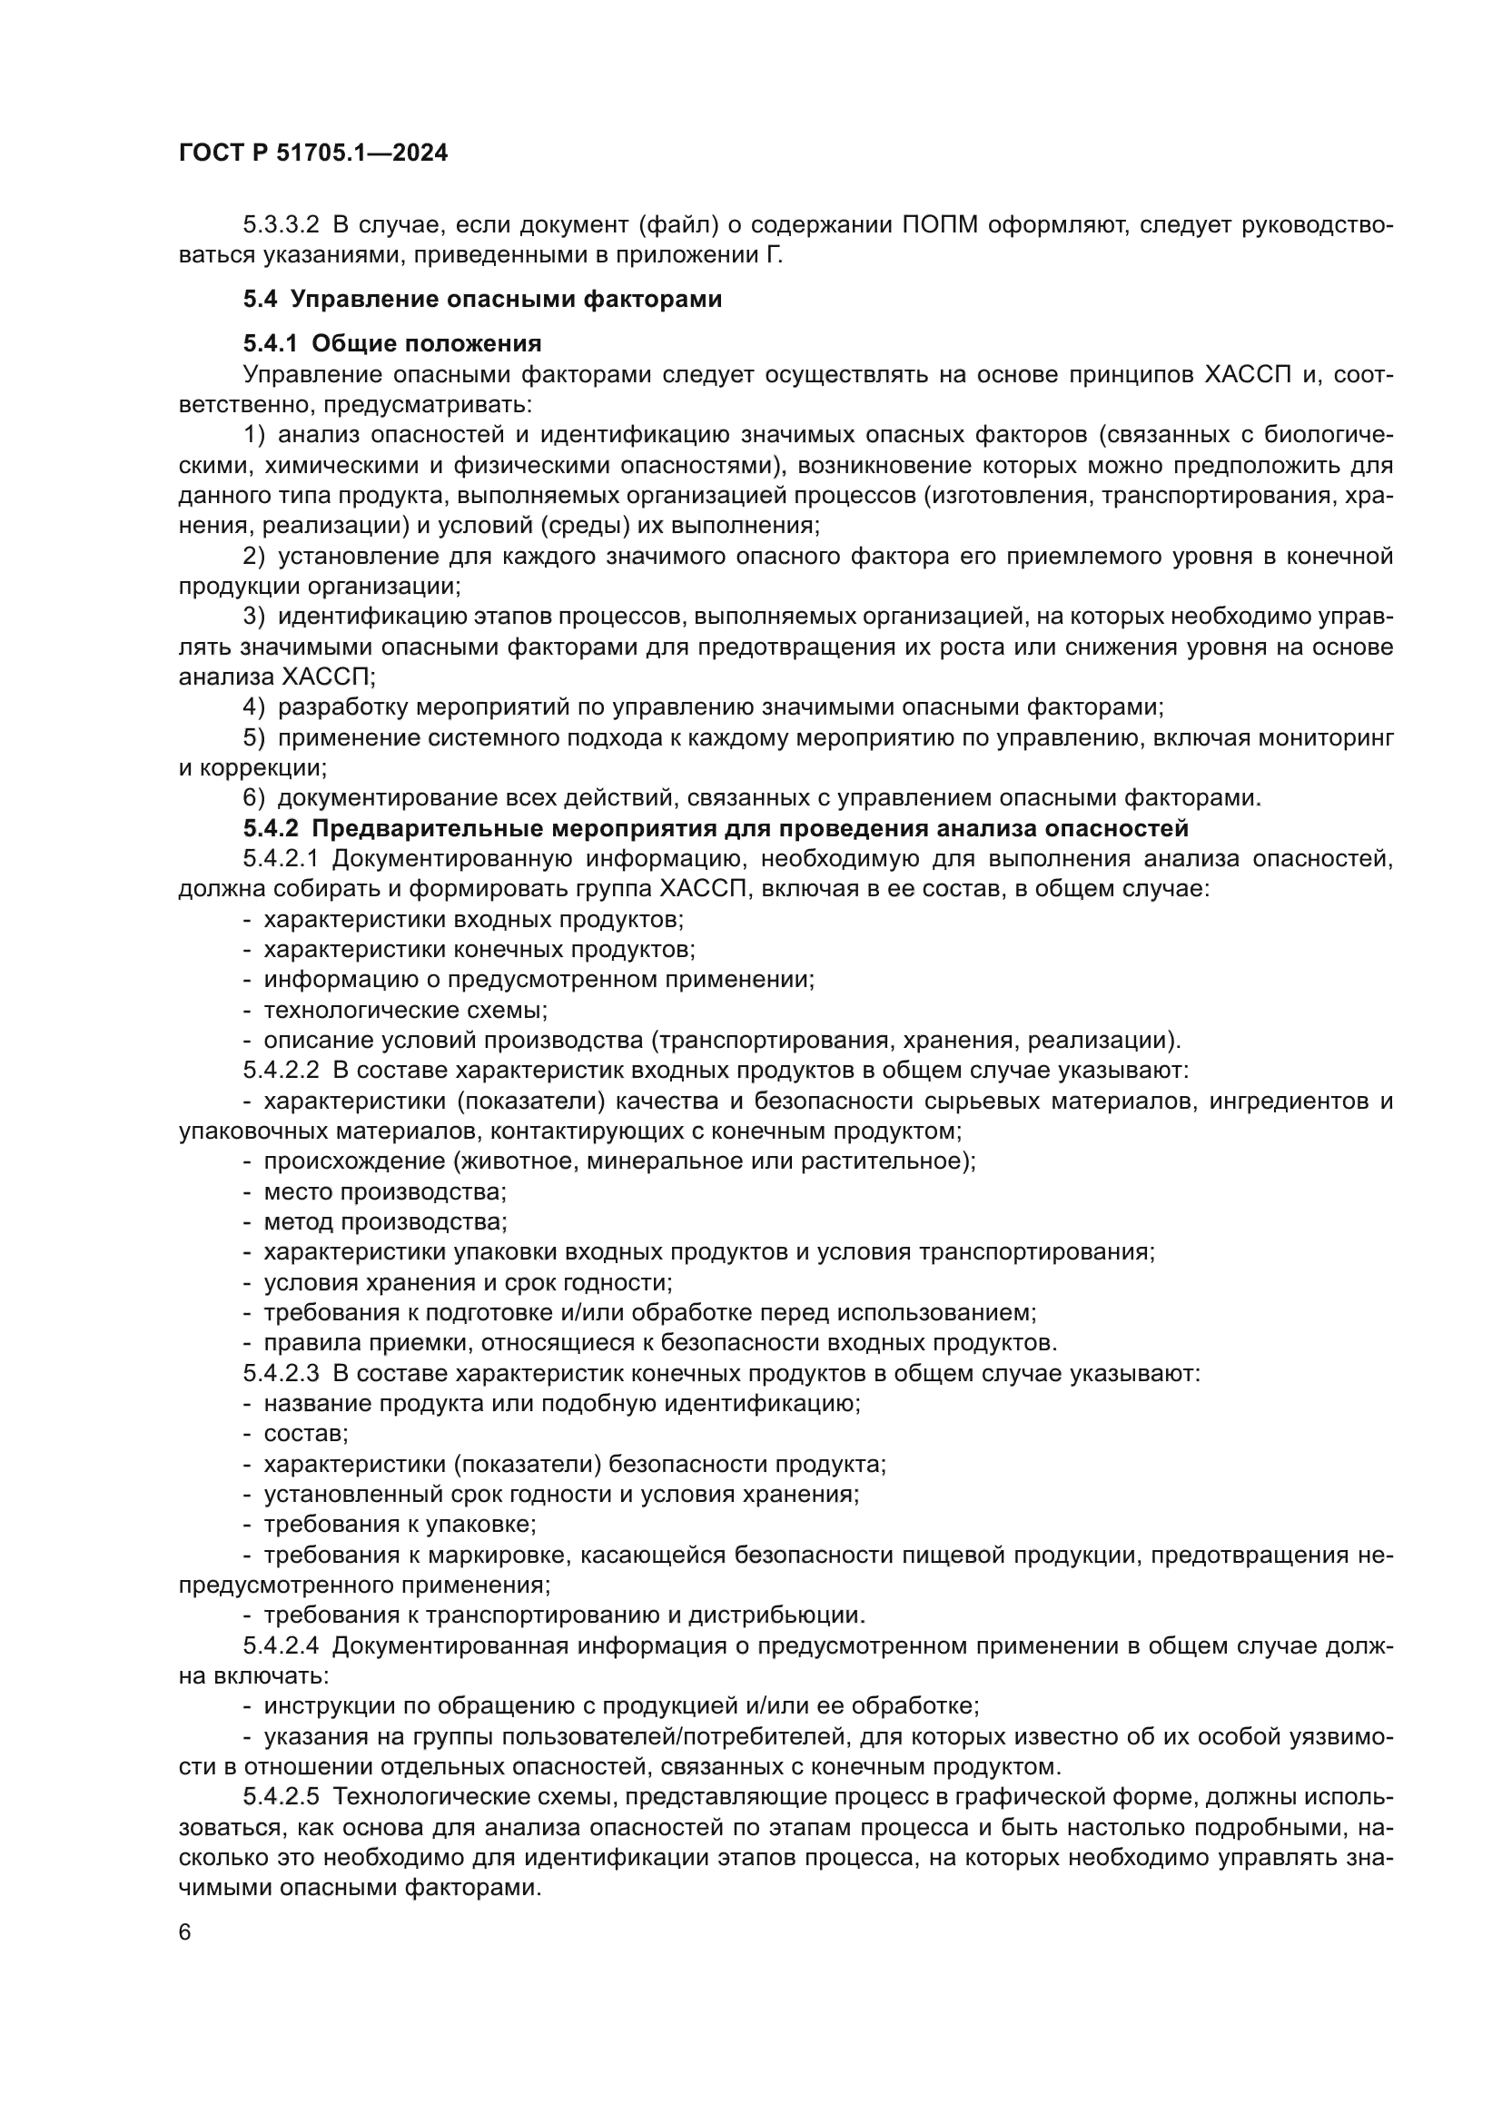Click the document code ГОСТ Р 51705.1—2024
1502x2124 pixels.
point(312,153)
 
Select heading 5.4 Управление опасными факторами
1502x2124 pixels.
point(482,299)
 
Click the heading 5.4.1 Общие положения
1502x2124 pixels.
point(392,343)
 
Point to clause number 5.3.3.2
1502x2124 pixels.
point(282,225)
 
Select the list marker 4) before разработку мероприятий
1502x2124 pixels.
point(253,707)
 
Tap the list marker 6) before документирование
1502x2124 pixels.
point(253,797)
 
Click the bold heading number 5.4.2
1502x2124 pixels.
point(271,828)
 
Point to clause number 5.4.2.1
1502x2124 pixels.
point(282,858)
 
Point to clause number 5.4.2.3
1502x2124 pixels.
point(282,1373)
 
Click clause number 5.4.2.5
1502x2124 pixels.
point(282,1797)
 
